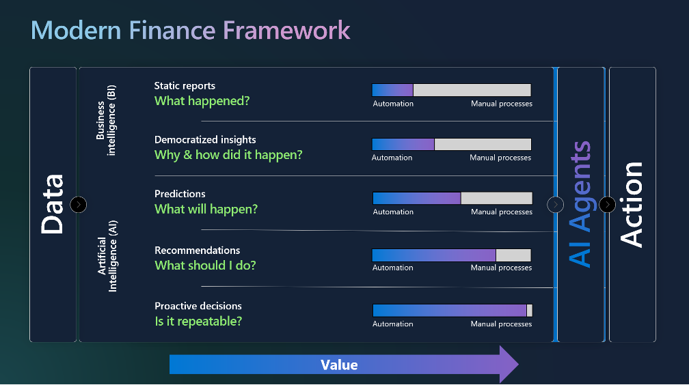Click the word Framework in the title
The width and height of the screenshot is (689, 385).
pos(286,30)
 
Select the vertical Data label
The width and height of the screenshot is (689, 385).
pos(53,204)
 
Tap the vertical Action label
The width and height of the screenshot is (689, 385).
pos(631,205)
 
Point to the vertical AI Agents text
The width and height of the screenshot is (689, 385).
pos(580,204)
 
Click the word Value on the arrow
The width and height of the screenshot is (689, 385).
pos(339,365)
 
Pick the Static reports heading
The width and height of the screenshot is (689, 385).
pos(185,85)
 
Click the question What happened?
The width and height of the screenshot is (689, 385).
pos(202,101)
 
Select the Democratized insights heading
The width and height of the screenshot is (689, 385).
pos(205,140)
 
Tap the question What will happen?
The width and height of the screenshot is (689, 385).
pos(206,209)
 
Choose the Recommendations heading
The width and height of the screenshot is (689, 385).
pos(198,251)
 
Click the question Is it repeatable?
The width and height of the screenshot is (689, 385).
pos(198,322)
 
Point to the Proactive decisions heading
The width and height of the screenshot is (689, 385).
pos(198,306)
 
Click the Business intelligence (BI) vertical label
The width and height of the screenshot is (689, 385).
pos(106,120)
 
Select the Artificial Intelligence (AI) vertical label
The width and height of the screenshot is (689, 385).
pos(107,256)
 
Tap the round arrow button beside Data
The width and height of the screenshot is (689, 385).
pos(78,205)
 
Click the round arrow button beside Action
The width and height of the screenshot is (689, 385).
pos(607,205)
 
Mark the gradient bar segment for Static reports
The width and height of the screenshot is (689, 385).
pos(392,90)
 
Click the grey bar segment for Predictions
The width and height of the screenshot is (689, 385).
pos(496,199)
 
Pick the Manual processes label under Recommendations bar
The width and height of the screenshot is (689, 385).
pos(502,268)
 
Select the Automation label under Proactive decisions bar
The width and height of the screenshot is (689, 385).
pos(393,324)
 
